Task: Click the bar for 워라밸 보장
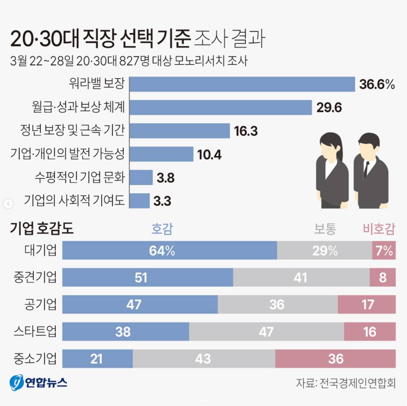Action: pos(242,84)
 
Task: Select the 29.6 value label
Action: pos(329,108)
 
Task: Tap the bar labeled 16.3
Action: pos(179,131)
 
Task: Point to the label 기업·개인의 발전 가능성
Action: pos(68,154)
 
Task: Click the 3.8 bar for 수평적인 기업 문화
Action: pos(141,178)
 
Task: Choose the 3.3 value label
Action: pos(162,201)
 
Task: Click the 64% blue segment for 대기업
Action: pos(169,250)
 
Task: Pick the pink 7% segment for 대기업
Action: pos(384,250)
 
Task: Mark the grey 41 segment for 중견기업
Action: pos(301,277)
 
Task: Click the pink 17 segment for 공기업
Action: pos(367,304)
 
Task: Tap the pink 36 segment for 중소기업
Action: pos(335,359)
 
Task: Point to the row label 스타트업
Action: pos(35,331)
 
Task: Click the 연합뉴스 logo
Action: pos(39,383)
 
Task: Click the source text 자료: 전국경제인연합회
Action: pos(346,383)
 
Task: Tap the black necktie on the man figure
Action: pos(366,169)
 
